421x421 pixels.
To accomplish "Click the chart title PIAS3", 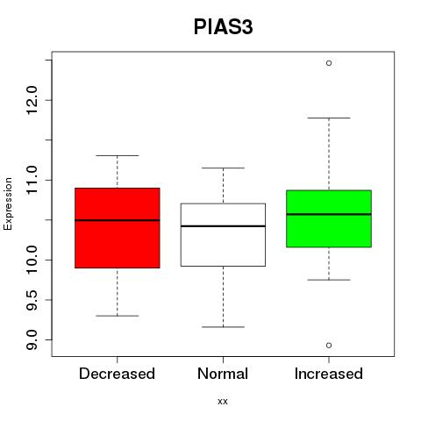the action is tap(223, 27).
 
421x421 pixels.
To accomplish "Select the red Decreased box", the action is tap(118, 228).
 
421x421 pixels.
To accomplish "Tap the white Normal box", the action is tap(223, 235).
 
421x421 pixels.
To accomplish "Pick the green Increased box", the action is tap(329, 218).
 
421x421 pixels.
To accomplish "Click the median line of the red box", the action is tap(118, 220).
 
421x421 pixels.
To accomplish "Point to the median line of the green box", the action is tap(329, 214).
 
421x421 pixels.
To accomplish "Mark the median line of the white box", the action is tap(223, 226).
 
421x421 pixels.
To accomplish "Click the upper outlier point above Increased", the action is tap(329, 63).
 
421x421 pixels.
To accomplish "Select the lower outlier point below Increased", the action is tap(329, 346).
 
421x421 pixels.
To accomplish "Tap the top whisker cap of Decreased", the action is tap(118, 155).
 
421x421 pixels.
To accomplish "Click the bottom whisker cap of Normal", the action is tap(223, 327).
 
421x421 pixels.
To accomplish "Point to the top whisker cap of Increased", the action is tap(329, 118).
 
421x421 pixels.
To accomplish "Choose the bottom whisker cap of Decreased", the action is tap(118, 316).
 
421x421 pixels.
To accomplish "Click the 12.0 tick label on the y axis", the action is tap(32, 100).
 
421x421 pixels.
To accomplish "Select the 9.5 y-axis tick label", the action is tap(32, 300).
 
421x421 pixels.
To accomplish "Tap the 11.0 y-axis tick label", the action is tap(32, 180).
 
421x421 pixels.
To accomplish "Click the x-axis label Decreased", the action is tap(117, 374).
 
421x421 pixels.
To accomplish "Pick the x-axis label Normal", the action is tap(223, 374).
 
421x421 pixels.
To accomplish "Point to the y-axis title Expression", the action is tap(8, 203).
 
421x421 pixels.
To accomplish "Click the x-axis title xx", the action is tap(223, 402).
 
